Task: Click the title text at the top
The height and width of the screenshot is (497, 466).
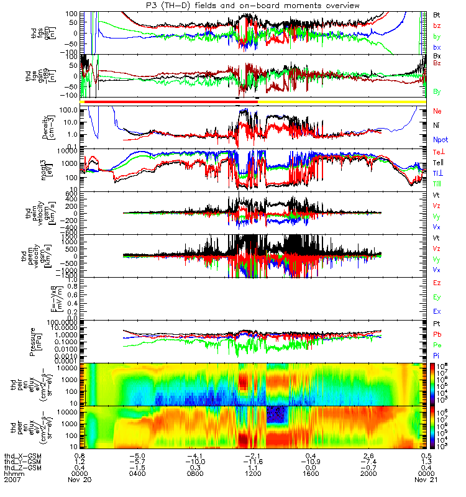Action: (x=233, y=5)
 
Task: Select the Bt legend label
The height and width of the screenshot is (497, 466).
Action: (x=437, y=14)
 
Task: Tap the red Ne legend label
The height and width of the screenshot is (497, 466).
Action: (x=437, y=111)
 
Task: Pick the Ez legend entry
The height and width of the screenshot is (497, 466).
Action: (x=437, y=283)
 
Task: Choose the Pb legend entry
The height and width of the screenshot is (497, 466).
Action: (x=437, y=334)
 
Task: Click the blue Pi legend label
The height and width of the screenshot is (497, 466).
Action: (x=437, y=355)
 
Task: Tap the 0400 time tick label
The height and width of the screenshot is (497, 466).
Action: (x=137, y=473)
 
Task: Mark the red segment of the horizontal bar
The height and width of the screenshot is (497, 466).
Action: (x=168, y=101)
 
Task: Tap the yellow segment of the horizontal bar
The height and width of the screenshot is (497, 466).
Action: (x=342, y=101)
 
